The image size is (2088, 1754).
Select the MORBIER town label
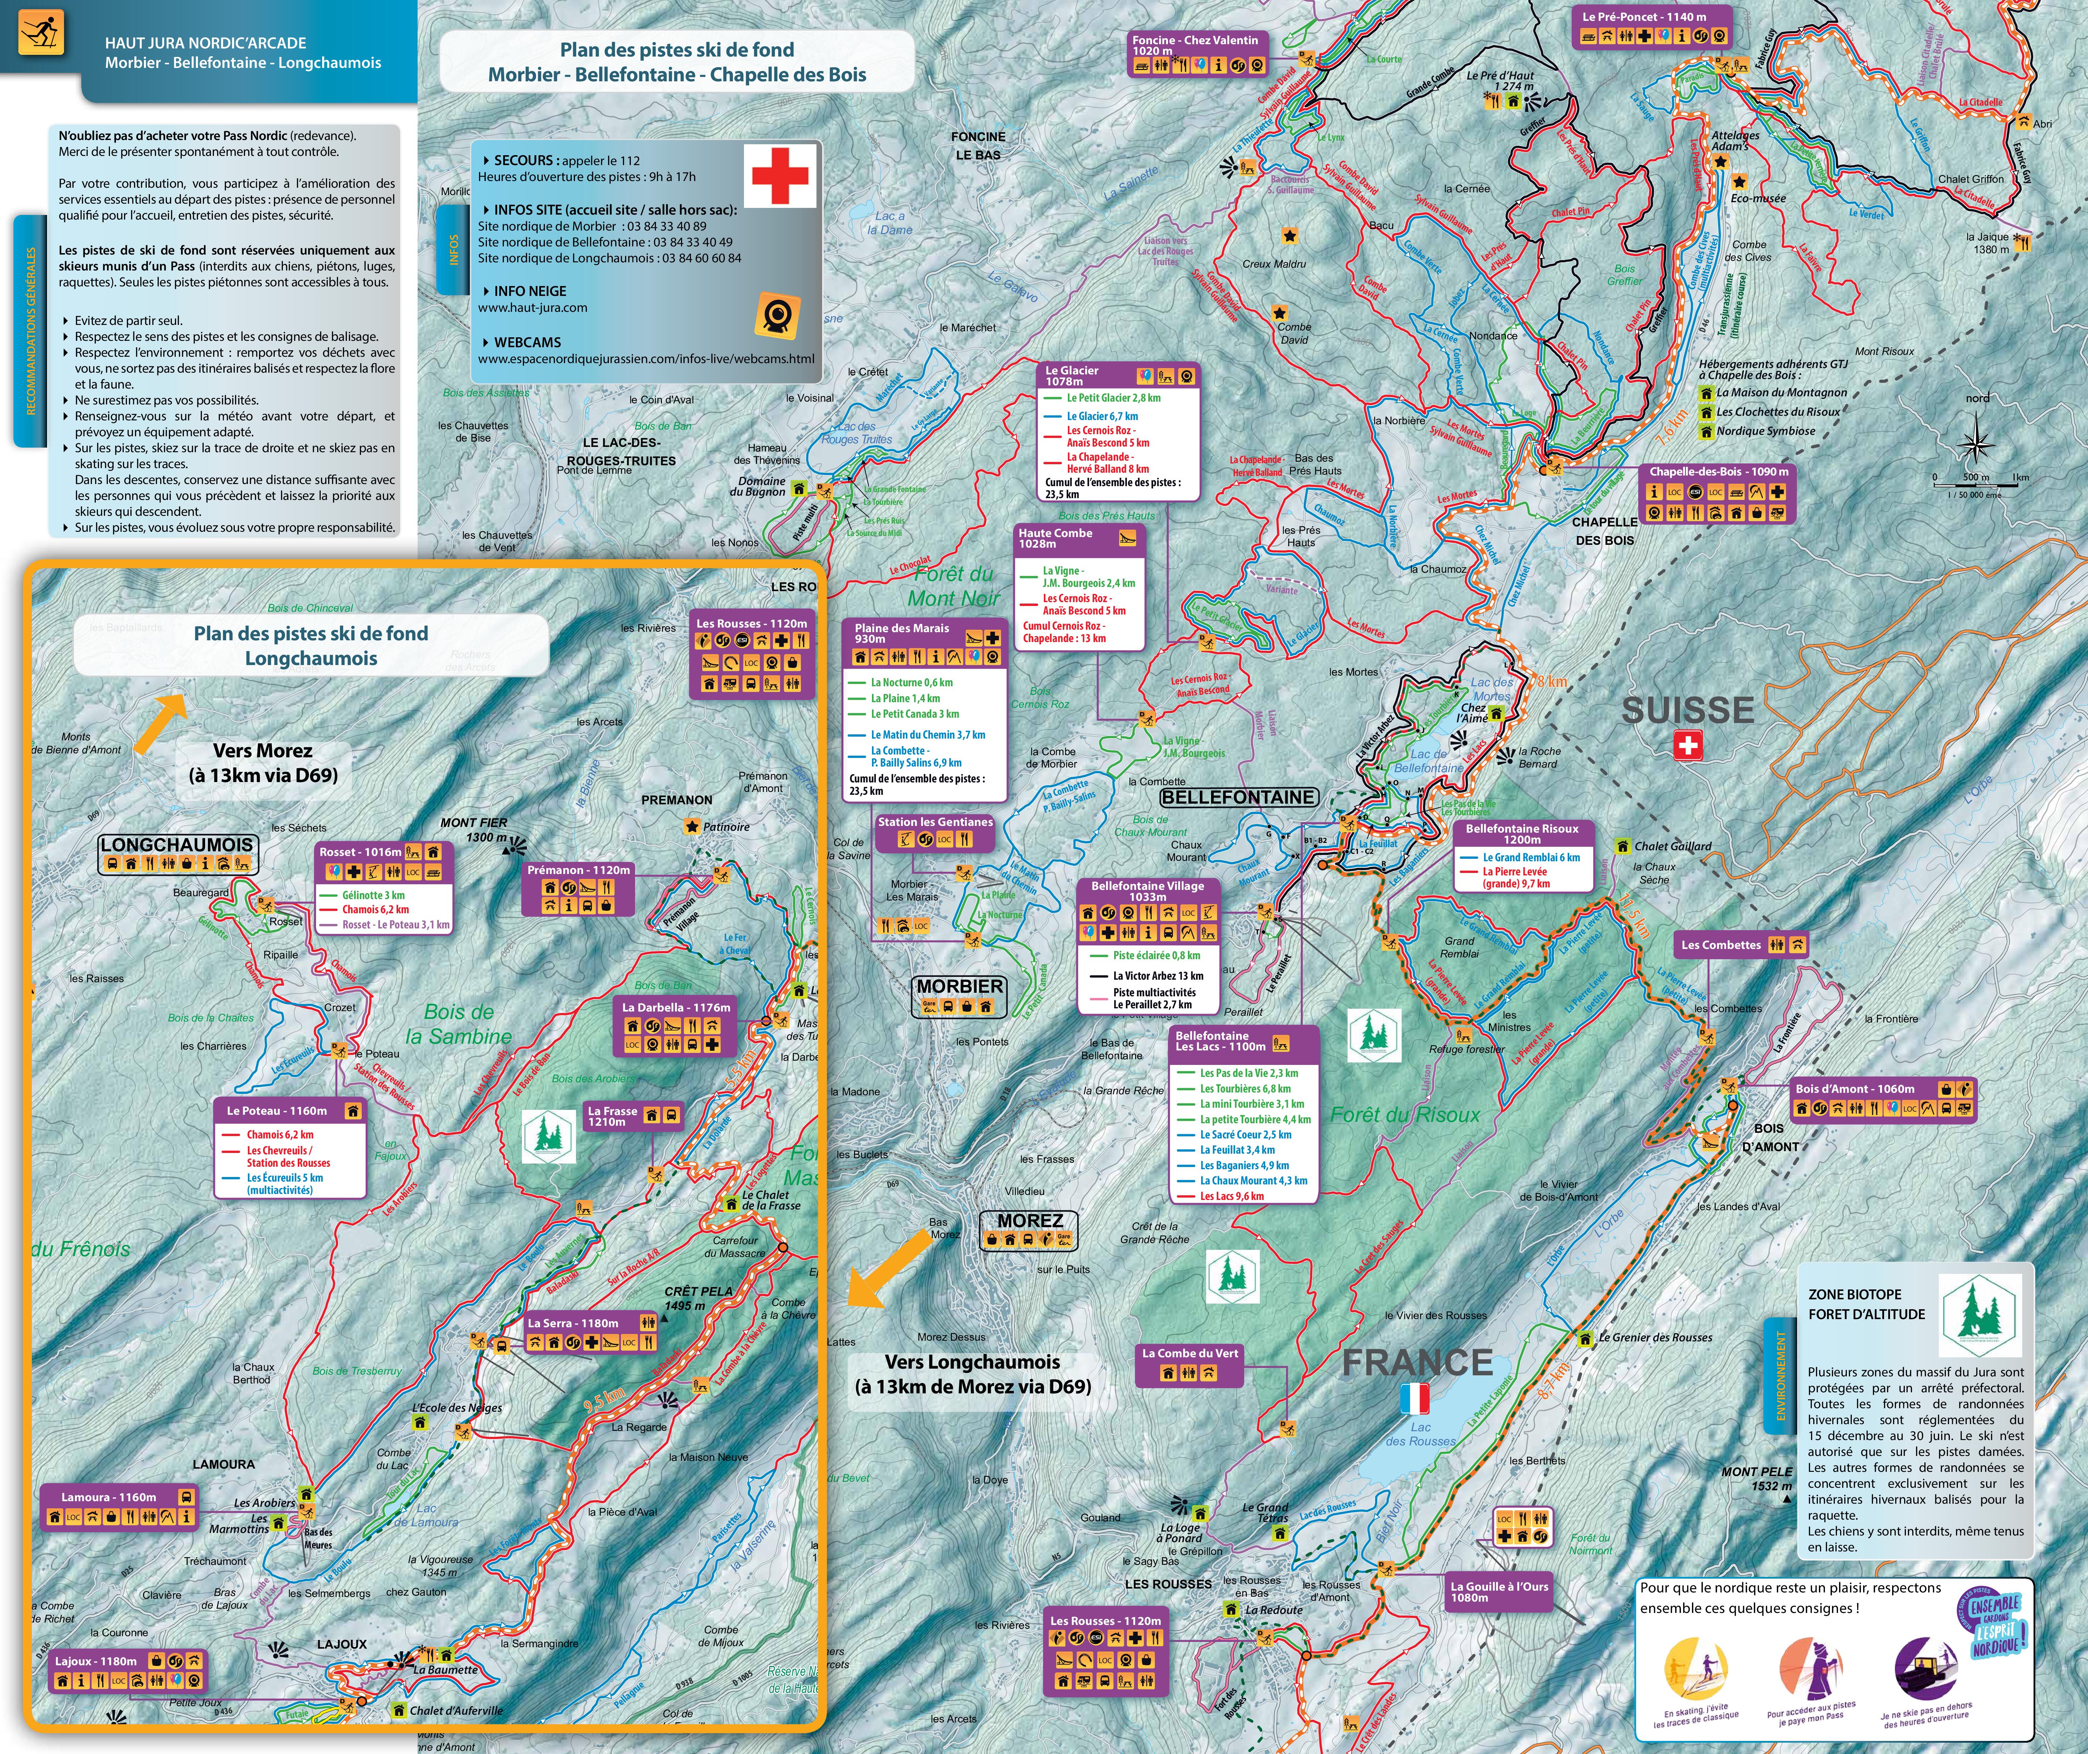tap(959, 986)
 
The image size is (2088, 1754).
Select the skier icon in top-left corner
tap(41, 32)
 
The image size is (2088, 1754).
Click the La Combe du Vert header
tap(1190, 1353)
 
